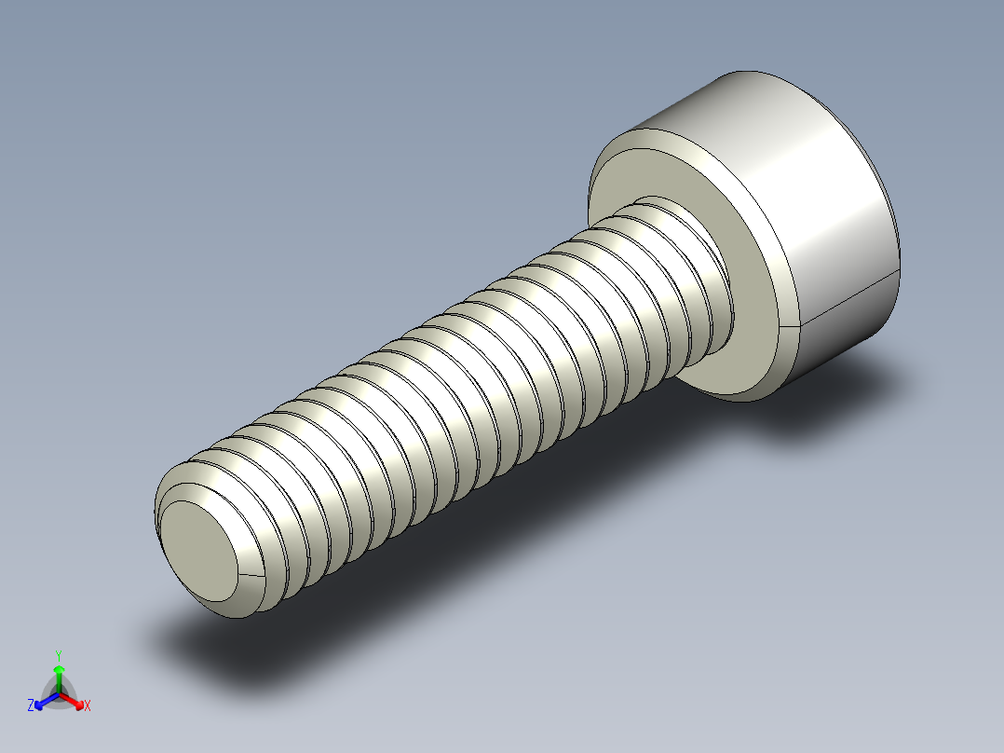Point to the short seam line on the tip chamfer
point(251,578)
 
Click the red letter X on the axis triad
point(88,706)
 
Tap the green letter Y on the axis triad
point(59,655)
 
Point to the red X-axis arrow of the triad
point(75,702)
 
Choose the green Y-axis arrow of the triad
point(59,676)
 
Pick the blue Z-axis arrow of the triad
point(43,702)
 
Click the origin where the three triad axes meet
point(59,694)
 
